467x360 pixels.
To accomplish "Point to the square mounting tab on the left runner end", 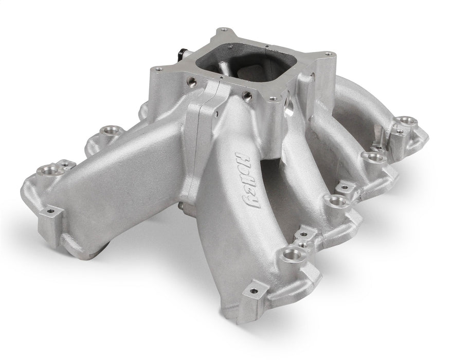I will coord(51,211).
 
